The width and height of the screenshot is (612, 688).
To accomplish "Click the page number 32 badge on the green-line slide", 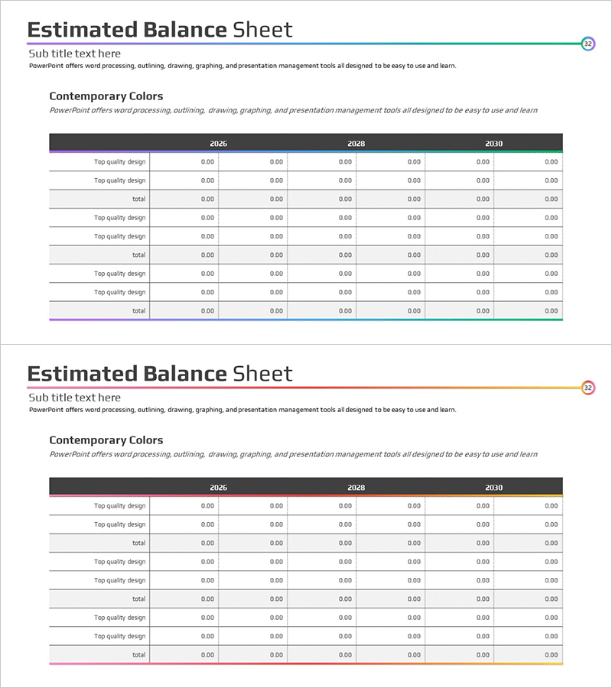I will pyautogui.click(x=588, y=44).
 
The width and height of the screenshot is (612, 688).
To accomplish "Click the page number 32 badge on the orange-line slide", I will pyautogui.click(x=588, y=388).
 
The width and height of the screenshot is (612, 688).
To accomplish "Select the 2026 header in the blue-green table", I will pyautogui.click(x=218, y=144).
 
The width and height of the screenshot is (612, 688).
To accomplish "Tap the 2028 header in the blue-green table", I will pyautogui.click(x=356, y=144).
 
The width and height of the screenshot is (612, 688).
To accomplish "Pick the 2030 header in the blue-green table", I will pyautogui.click(x=493, y=144).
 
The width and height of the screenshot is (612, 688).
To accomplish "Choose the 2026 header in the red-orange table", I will pyautogui.click(x=218, y=488).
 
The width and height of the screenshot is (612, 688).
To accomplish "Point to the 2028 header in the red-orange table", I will pyautogui.click(x=356, y=488).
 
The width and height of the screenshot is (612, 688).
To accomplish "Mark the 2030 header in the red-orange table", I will pyautogui.click(x=493, y=488).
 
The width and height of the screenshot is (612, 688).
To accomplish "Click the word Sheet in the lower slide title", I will pyautogui.click(x=262, y=375).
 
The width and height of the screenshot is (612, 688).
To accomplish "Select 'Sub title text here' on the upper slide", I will pyautogui.click(x=74, y=54).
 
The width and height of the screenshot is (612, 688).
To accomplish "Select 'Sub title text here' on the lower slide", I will pyautogui.click(x=74, y=398).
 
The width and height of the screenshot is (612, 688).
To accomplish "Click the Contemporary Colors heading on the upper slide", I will pyautogui.click(x=106, y=96).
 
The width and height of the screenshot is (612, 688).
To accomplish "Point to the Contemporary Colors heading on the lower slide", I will pyautogui.click(x=106, y=440).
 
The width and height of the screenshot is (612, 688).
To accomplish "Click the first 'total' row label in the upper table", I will pyautogui.click(x=138, y=199).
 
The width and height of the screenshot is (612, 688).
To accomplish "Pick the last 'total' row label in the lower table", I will pyautogui.click(x=138, y=654).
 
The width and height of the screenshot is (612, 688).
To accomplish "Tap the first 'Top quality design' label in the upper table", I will pyautogui.click(x=119, y=162).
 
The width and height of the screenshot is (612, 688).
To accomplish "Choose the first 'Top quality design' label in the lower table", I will pyautogui.click(x=119, y=506).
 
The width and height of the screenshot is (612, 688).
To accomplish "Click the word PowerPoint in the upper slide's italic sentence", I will pyautogui.click(x=69, y=110).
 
